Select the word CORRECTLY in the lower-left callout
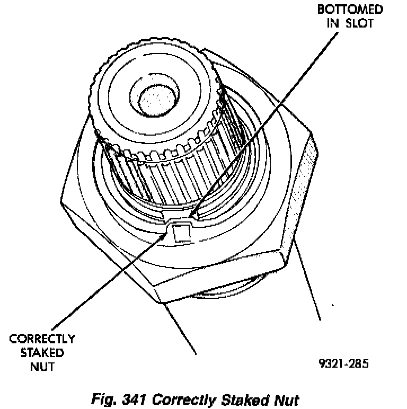pos(42,339)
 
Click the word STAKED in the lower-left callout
pos(43,352)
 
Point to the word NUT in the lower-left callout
pos(42,366)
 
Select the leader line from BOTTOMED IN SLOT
pos(265,122)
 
